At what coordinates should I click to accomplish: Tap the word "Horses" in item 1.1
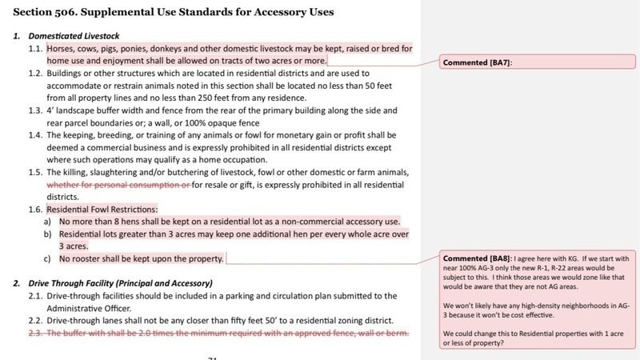click(62, 49)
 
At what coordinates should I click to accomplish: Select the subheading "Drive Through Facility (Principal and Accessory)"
click(120, 283)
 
